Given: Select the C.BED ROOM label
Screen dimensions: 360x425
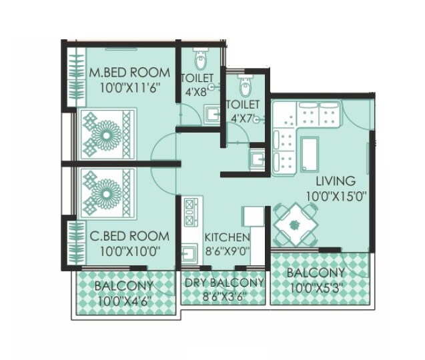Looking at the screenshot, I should coord(129,237).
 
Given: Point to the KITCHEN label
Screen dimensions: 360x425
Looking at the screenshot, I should coord(227,237).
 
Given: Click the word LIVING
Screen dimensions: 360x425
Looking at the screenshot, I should coord(336,181).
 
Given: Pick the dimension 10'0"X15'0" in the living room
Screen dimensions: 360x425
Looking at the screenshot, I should coord(337,196).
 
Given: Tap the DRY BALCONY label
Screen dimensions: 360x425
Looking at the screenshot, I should coord(224,283).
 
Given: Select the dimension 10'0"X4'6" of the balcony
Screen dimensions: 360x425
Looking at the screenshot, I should coord(124,301).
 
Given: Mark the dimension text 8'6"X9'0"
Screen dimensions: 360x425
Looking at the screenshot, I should coord(227,251).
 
